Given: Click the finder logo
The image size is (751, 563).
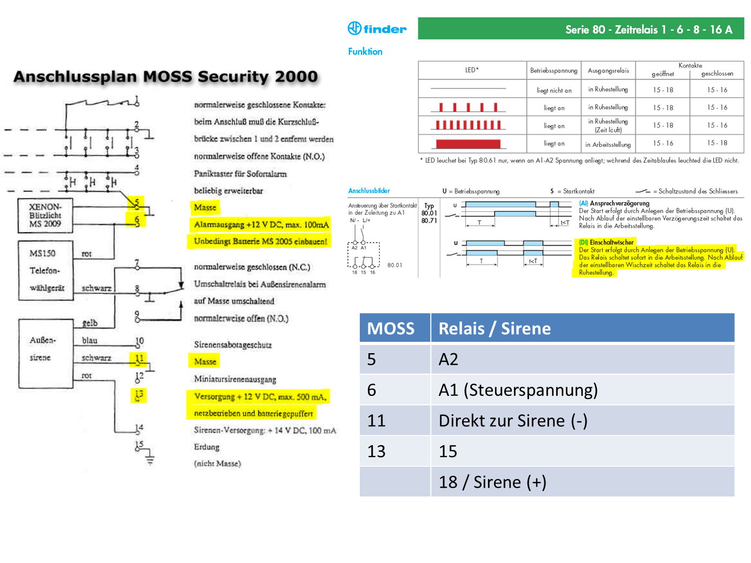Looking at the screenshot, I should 377,29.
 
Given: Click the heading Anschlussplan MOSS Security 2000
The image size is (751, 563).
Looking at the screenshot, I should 166,77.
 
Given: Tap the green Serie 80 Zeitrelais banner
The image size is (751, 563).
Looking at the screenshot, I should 581,29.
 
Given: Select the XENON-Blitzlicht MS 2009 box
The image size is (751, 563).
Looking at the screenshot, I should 45,215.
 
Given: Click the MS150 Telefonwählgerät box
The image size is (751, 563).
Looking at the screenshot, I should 46,270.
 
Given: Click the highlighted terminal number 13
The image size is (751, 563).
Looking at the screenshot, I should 139,395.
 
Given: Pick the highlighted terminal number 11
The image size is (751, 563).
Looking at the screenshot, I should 139,359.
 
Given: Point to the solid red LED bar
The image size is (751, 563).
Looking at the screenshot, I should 468,144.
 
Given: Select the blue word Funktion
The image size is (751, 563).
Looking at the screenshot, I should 365,51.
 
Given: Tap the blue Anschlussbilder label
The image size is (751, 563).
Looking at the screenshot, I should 369,191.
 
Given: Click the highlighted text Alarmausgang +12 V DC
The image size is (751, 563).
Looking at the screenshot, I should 261,224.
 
